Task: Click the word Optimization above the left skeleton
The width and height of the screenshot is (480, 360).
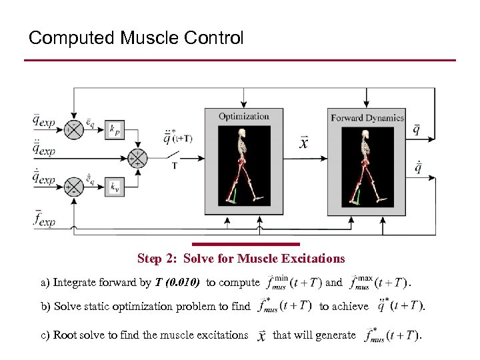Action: coord(243,116)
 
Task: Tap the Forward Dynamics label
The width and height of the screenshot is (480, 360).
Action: coord(367,118)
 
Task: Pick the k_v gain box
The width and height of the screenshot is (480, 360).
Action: coord(115,187)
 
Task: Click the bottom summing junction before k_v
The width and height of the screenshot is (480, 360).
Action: coord(75,187)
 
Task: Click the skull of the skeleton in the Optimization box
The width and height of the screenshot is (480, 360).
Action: coord(243,131)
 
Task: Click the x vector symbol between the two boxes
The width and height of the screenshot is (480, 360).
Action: coord(304,143)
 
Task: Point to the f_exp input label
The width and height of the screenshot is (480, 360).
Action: coord(43,218)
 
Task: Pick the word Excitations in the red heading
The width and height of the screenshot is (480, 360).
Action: coord(313,258)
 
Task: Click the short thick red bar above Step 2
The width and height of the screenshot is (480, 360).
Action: coord(246,244)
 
